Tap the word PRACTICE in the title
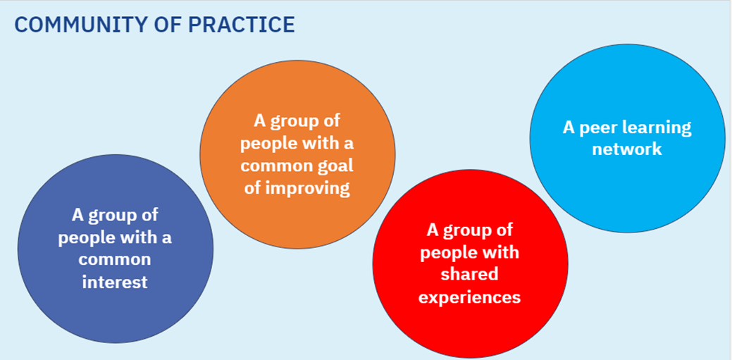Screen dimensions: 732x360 coord(241,25)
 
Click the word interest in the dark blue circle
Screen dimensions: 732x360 coord(115,282)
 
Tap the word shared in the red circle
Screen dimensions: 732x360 coord(470,274)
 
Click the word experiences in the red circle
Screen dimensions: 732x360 coord(470,297)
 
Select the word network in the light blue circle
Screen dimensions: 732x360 coord(627,149)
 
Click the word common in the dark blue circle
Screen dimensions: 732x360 coord(115,260)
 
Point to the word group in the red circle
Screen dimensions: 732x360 coord(487,230)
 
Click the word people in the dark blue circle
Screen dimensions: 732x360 coord(85,238)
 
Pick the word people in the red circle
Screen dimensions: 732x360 coord(448,253)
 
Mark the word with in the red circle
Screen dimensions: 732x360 coord(500,252)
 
